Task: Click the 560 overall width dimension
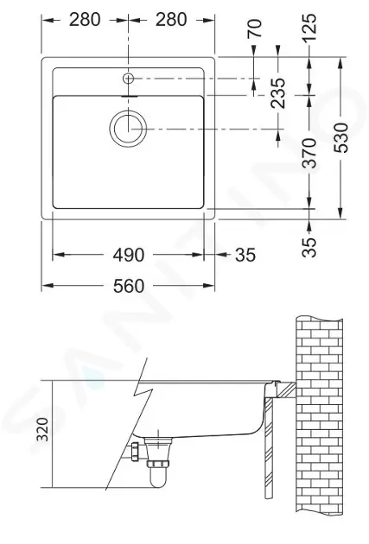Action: tap(128, 286)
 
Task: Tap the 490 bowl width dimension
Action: tap(128, 255)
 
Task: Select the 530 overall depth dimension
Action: tap(340, 137)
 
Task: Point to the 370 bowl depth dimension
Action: tap(309, 153)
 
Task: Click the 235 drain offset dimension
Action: tap(278, 93)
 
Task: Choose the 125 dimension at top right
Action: tap(309, 27)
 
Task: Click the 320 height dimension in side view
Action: tap(42, 429)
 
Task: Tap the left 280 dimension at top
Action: tap(85, 20)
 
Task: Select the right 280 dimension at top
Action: tap(171, 20)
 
